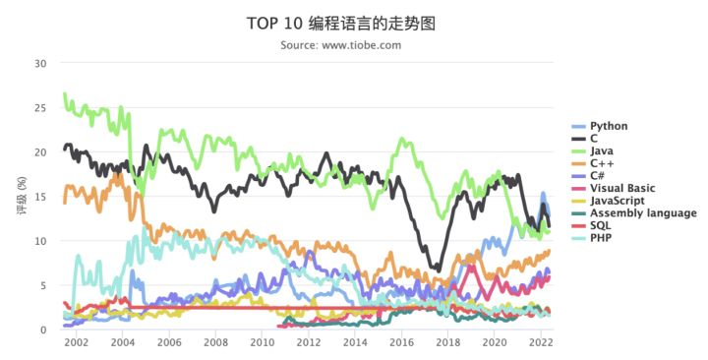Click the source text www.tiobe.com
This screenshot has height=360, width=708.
click(340, 45)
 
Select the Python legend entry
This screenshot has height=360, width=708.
click(609, 126)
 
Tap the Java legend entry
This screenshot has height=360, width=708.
click(602, 151)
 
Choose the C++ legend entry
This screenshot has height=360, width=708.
click(601, 163)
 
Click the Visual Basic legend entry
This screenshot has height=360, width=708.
click(622, 188)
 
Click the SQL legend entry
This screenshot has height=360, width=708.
click(599, 225)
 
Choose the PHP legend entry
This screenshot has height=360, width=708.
click(600, 237)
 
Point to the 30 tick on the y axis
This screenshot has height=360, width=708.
click(40, 64)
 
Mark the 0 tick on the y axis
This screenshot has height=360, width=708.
click(43, 330)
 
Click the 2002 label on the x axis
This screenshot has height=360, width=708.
click(76, 343)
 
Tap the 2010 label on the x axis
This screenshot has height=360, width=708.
click(262, 343)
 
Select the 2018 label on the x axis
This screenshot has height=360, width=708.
click(447, 343)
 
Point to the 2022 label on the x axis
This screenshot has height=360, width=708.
click(540, 343)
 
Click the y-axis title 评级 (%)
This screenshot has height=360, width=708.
click(21, 197)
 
